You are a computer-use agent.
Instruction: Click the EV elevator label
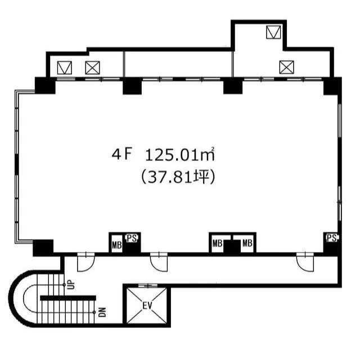(147, 305)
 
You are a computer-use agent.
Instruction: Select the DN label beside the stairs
(102, 312)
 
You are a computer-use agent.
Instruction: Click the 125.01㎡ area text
(180, 155)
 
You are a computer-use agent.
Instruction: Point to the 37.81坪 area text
(178, 177)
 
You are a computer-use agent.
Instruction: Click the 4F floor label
(121, 155)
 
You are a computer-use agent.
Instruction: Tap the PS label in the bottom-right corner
(332, 238)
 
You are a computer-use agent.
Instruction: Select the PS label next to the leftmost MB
(132, 238)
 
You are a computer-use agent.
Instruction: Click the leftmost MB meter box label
(116, 245)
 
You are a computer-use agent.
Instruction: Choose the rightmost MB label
(247, 243)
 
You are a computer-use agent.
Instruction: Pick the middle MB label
(217, 243)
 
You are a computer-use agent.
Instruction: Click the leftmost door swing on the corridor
(86, 262)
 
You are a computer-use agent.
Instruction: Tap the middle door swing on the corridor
(159, 262)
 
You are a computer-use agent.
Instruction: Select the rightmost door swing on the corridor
(305, 262)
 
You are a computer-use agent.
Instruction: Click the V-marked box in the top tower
(273, 32)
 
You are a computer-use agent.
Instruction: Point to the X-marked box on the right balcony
(286, 67)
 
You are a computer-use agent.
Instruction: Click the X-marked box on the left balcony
(92, 67)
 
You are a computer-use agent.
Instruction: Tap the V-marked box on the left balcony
(65, 67)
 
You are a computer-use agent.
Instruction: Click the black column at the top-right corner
(332, 86)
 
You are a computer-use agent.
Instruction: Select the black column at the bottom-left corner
(43, 248)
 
